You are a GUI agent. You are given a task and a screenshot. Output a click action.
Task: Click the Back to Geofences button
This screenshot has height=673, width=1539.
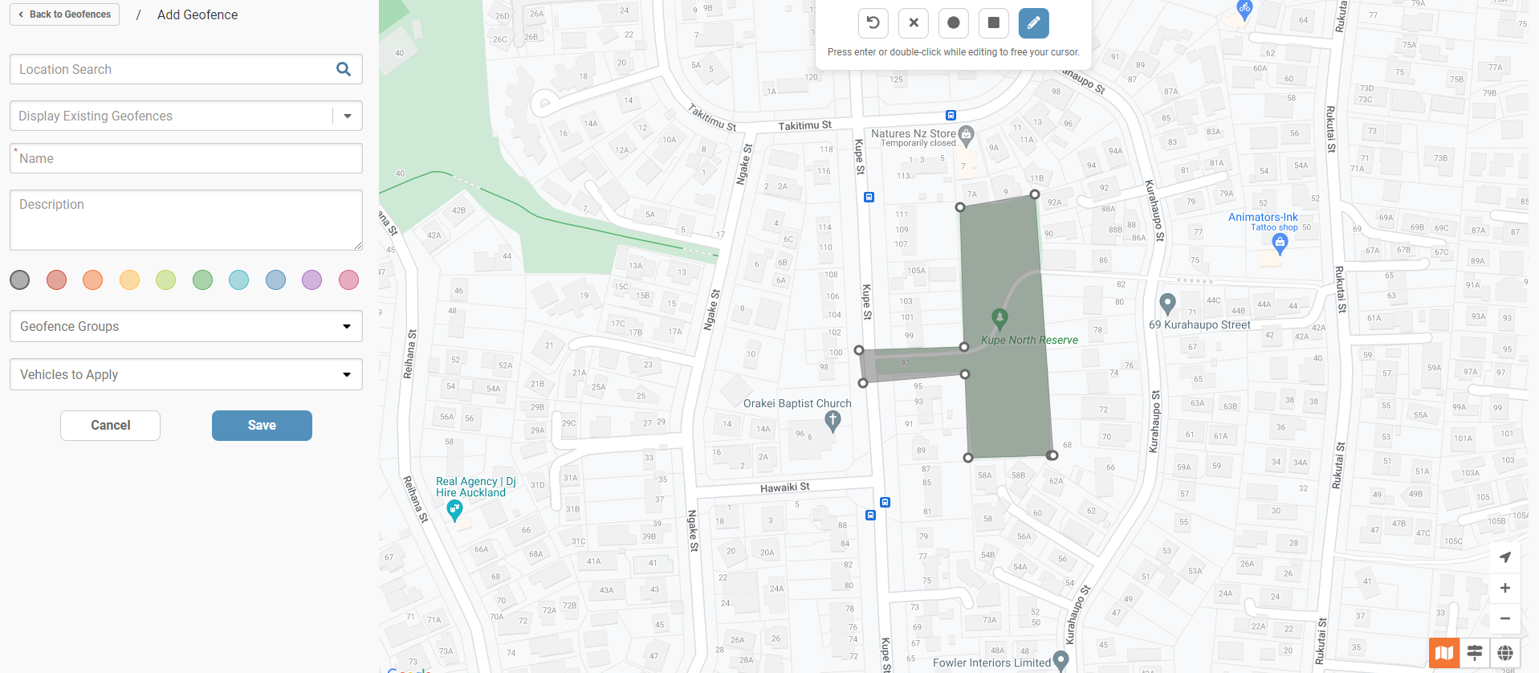point(65,14)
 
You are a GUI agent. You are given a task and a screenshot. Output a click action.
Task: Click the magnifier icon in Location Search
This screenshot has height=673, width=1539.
point(344,69)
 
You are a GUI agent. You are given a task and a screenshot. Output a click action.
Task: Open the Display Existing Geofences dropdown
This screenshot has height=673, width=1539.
point(347,116)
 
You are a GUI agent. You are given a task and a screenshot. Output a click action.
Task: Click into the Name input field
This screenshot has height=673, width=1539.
point(186,159)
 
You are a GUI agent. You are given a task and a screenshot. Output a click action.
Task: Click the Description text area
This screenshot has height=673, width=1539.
point(186,220)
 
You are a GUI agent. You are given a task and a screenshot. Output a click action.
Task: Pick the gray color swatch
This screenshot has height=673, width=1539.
point(20,279)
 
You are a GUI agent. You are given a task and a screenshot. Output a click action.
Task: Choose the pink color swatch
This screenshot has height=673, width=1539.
point(348,279)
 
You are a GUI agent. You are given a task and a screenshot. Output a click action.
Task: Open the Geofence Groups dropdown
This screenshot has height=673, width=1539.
point(186,326)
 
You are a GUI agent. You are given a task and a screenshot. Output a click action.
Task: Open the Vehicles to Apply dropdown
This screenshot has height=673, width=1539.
point(186,374)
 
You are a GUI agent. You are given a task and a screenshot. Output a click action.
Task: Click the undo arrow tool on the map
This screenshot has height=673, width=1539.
point(873,22)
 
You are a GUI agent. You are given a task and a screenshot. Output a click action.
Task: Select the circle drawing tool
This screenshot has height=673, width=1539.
point(954,22)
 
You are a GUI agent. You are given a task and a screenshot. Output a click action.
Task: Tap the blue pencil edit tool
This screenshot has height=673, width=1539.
point(1034,22)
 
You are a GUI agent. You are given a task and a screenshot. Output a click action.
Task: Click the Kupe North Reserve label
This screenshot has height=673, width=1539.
point(1029,340)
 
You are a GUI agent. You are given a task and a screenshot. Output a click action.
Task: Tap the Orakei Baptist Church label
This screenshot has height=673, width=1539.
point(797,403)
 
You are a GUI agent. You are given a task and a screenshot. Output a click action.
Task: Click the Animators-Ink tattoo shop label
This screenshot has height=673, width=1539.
point(1263,218)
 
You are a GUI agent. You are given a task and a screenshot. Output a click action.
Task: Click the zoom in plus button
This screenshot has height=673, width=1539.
point(1505,588)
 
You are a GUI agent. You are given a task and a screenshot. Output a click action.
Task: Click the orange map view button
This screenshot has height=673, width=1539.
point(1443,653)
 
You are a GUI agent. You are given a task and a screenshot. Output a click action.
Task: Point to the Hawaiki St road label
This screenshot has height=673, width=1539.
point(785,487)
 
